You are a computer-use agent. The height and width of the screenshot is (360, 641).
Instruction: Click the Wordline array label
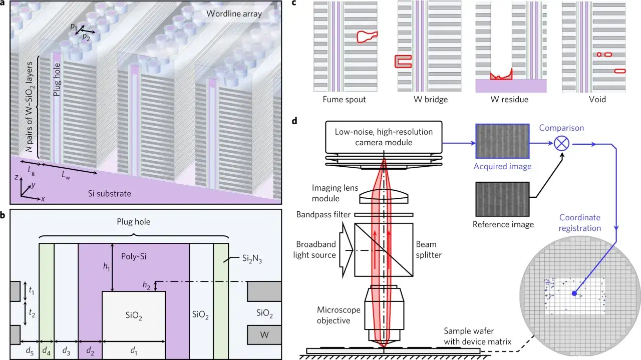point(234,14)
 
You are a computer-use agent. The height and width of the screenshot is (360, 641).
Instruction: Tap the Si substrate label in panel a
point(109,193)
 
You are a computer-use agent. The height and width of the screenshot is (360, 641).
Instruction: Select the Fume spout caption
point(344,99)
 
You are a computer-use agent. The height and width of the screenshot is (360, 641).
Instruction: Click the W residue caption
point(509,99)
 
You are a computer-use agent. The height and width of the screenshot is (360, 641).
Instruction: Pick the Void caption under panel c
point(597,99)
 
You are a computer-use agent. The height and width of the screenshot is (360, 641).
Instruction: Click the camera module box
point(384,137)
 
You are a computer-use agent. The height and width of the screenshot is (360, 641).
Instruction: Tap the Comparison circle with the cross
point(561,143)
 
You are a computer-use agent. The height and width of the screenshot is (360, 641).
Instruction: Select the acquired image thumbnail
point(502,141)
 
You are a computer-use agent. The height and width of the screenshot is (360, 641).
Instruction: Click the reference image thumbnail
point(502,199)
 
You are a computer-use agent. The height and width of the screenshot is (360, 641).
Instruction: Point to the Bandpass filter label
point(323,215)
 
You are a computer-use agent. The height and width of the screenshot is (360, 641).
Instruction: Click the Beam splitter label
point(428,249)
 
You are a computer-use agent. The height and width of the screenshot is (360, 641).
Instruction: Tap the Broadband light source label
point(314,249)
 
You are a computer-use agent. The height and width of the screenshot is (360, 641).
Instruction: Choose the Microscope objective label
point(338,315)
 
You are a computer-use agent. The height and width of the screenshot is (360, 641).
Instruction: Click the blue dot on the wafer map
point(574,293)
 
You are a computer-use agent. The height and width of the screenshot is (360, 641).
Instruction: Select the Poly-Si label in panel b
point(134,256)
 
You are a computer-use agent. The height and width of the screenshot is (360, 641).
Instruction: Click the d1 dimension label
point(133,350)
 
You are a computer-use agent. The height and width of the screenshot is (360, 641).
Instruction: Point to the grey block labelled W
point(264,334)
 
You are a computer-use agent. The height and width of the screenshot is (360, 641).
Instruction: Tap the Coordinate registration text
point(580,223)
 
